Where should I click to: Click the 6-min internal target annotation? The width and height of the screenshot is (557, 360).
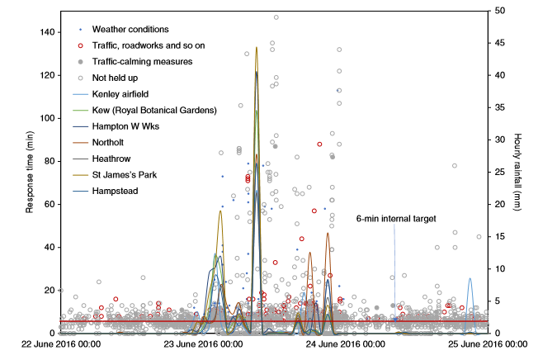pyautogui.click(x=395, y=219)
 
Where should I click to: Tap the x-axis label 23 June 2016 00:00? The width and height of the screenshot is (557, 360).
pyautogui.click(x=203, y=344)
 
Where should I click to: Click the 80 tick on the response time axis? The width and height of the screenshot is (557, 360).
pyautogui.click(x=48, y=161)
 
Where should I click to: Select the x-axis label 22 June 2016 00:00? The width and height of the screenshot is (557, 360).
pyautogui.click(x=60, y=344)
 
